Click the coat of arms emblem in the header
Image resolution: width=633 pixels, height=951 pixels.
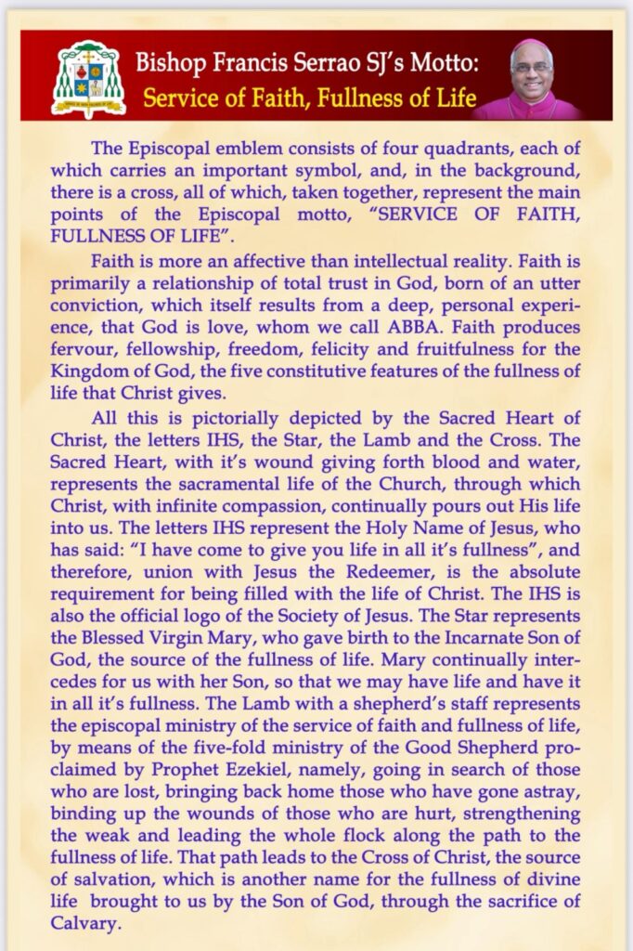click(x=87, y=78)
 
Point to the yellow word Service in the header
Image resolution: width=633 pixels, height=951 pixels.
click(x=182, y=97)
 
